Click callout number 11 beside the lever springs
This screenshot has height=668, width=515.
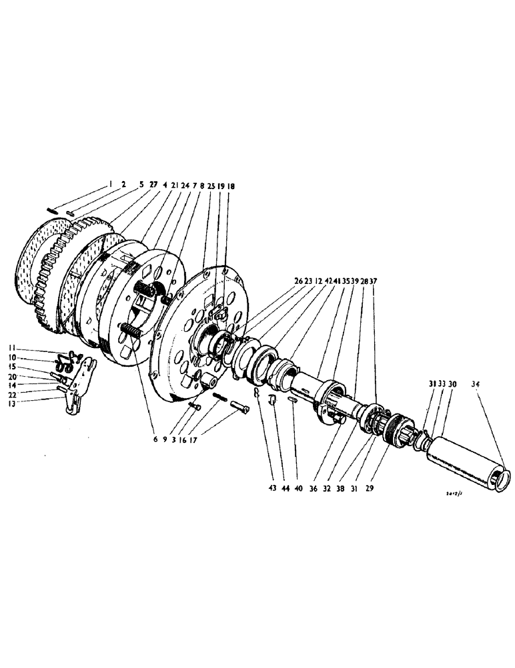tap(12, 348)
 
